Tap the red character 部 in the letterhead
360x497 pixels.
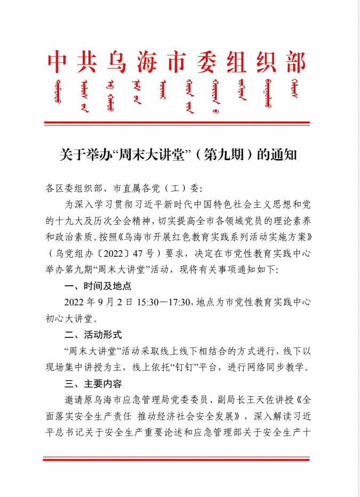[295, 63]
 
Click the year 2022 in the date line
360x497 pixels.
[75, 302]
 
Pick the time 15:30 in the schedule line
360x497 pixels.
[147, 302]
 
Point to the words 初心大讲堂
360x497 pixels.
[69, 319]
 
